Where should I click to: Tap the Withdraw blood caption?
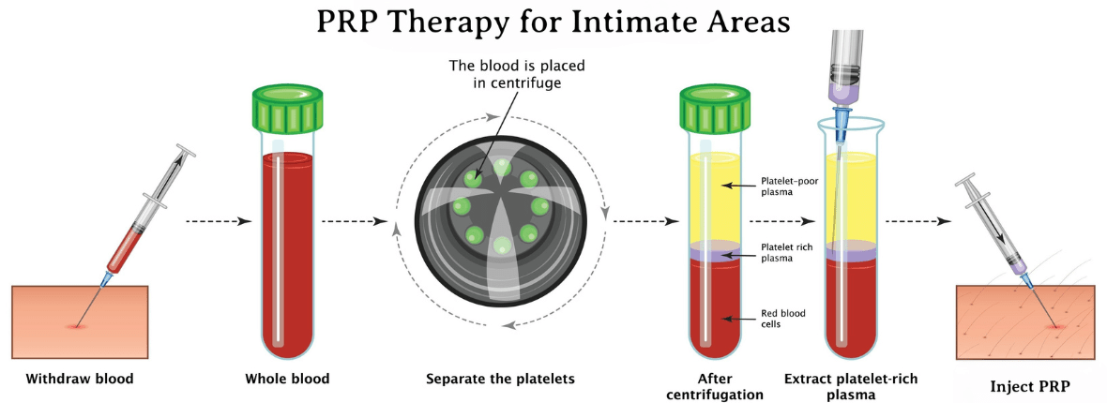80,379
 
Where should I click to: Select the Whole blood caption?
287,379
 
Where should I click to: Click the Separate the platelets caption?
501,379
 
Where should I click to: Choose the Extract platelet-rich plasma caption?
851,386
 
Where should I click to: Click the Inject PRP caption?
1030,386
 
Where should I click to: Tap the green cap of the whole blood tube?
287,107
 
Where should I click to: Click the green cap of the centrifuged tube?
714,107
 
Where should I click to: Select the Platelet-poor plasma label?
790,186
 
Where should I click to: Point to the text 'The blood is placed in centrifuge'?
518,73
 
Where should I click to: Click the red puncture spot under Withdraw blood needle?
74,326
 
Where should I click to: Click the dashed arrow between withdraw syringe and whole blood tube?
219,221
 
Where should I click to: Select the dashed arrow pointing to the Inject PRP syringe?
917,221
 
